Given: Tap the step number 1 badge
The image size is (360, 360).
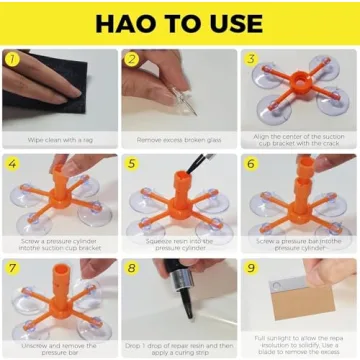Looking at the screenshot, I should tap(12, 58).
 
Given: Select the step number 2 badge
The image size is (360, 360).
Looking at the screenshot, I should tap(131, 58).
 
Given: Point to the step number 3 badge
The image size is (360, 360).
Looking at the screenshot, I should tap(251, 58).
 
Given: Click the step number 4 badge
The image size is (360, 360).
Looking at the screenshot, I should tap(12, 162).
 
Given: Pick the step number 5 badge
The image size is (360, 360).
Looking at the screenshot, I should tap(131, 162).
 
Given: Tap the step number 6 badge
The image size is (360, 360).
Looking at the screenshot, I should tap(251, 162).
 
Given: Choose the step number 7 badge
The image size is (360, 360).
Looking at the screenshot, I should tap(12, 267).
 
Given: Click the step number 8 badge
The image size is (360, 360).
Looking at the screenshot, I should tap(131, 267).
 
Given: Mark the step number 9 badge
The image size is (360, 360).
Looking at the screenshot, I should tap(251, 267).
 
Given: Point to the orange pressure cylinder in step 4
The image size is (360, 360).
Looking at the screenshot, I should tap(60, 186).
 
